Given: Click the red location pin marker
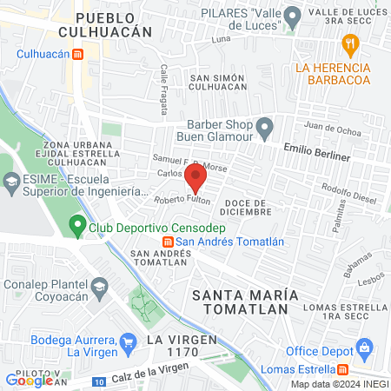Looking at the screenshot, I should click(x=195, y=180).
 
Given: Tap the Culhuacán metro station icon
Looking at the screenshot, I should click(x=77, y=54).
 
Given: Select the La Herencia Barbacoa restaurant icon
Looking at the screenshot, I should click(x=350, y=43).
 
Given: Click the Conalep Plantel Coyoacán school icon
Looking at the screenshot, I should click(x=100, y=286).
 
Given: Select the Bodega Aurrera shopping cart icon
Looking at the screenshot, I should click(x=129, y=340).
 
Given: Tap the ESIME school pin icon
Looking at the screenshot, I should click(x=11, y=183).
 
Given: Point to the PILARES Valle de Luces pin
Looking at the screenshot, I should click(x=293, y=16).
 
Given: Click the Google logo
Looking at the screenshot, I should click(x=29, y=380).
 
